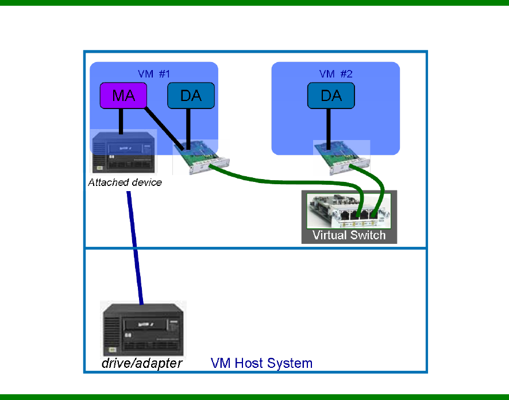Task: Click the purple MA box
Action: [x=124, y=95]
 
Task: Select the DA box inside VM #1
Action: [x=191, y=95]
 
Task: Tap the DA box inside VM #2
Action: [x=331, y=95]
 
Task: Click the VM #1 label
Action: [x=154, y=73]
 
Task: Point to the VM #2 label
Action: [x=336, y=73]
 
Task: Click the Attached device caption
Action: [x=125, y=182]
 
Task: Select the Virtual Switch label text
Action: [x=349, y=235]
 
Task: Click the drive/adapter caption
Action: [x=142, y=363]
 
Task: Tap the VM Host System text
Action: [x=261, y=363]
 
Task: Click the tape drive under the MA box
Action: [x=124, y=152]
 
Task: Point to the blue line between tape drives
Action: [x=135, y=247]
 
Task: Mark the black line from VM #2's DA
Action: [x=328, y=127]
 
